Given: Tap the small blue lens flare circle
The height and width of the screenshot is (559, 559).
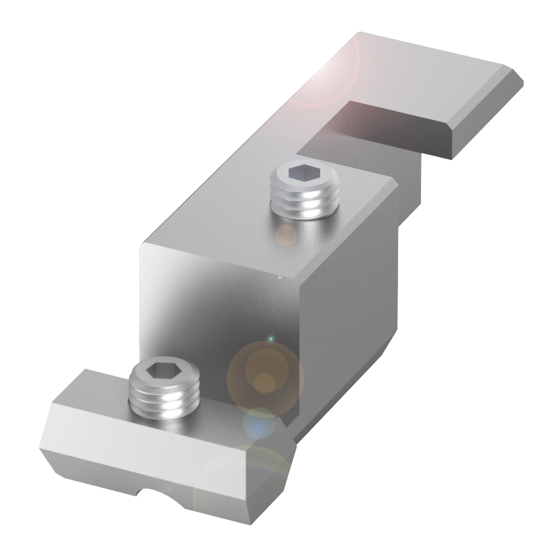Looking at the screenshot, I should click(x=259, y=423).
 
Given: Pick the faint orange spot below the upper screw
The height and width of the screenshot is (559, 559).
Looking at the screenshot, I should click(x=286, y=235).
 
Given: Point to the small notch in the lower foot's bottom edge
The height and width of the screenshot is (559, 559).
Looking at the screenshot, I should click(x=154, y=492).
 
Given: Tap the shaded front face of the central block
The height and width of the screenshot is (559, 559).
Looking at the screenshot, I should click(x=218, y=313).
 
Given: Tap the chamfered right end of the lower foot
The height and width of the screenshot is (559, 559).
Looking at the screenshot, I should click(x=268, y=481).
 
